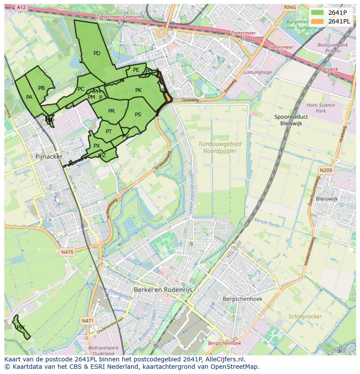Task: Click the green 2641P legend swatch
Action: [318, 13]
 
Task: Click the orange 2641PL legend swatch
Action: [318, 21]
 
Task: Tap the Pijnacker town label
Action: [49, 156]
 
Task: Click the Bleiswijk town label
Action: [327, 199]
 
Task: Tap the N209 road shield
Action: [326, 170]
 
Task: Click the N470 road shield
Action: [67, 252]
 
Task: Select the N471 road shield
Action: [87, 321]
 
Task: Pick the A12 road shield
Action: [20, 7]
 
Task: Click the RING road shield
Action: [290, 7]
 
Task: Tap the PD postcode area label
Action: [97, 53]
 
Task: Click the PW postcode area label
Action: [20, 327]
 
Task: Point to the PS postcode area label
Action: [138, 115]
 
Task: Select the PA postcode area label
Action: [29, 97]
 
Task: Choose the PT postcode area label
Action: [109, 132]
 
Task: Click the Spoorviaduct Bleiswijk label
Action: [291, 120]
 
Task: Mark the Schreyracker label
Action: [305, 317]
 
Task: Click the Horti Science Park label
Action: [320, 108]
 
